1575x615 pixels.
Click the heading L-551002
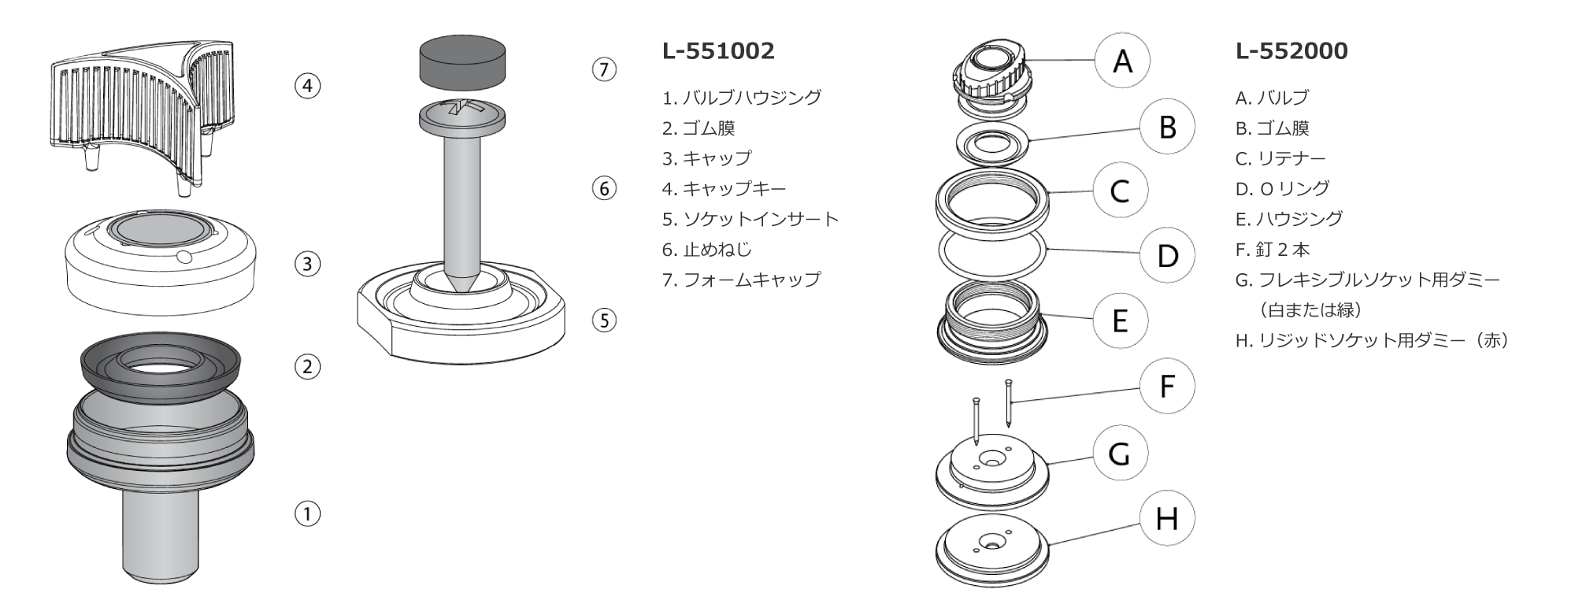coord(718,51)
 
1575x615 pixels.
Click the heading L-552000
coord(1291,51)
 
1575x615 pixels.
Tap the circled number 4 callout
coord(308,85)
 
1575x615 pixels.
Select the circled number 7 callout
coord(604,69)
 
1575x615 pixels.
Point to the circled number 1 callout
coord(308,514)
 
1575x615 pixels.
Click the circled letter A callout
coord(1122,61)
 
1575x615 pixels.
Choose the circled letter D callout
coord(1167,255)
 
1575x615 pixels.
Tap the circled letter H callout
coord(1167,518)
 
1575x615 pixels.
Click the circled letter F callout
coord(1167,386)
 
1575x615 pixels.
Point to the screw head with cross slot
coord(461,116)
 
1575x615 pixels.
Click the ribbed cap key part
coord(134,110)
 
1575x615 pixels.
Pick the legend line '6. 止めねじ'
coord(706,250)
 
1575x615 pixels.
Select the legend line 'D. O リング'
coord(1282,189)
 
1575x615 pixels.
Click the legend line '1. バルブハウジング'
coord(741,98)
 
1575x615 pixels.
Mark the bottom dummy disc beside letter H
coord(993,550)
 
